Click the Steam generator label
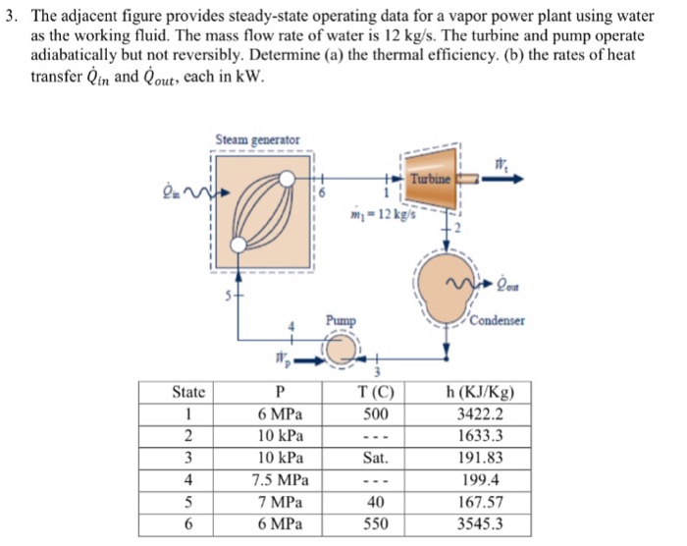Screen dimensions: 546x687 point(258,140)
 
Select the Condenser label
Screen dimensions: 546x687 point(498,320)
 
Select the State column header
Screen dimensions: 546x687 point(188,392)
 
